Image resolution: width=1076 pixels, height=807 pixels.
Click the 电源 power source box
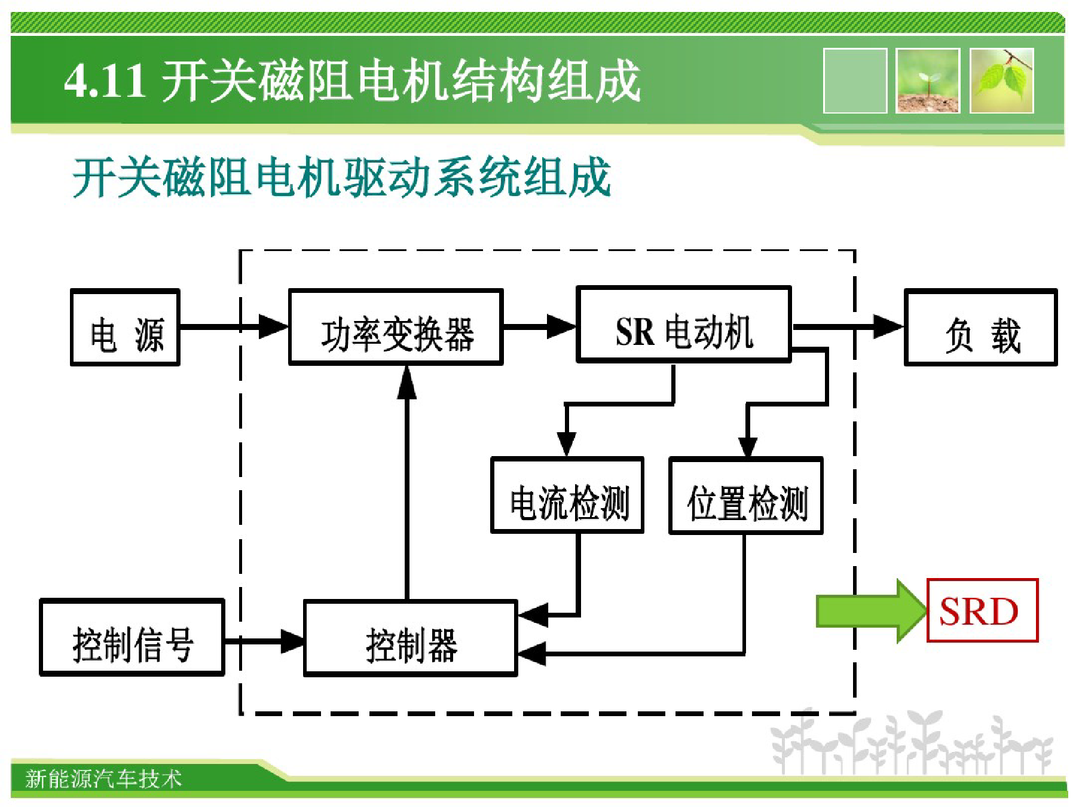(x=125, y=327)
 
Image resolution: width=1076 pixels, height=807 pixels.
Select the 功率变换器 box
(x=396, y=327)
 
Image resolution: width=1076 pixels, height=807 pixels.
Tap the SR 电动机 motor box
(x=684, y=325)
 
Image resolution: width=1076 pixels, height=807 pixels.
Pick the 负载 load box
(x=981, y=327)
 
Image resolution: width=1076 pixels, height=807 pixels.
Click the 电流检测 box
(x=567, y=495)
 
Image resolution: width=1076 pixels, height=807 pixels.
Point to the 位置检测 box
(x=746, y=496)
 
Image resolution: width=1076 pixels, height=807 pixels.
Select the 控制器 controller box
(x=411, y=638)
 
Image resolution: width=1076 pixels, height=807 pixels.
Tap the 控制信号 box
(x=132, y=637)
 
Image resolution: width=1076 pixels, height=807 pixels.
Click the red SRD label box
(x=982, y=610)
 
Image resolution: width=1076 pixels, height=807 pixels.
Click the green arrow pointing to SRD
(x=871, y=611)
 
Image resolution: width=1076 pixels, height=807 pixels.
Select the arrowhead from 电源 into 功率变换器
(x=274, y=327)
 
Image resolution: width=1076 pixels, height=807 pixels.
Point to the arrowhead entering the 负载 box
(x=889, y=327)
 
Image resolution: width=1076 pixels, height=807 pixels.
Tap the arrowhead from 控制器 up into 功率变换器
(x=407, y=381)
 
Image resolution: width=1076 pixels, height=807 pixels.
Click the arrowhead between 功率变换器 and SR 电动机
(x=561, y=327)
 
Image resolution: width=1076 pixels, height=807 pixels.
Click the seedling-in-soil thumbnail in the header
(x=928, y=81)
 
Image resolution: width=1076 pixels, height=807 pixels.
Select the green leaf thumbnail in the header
(x=1002, y=81)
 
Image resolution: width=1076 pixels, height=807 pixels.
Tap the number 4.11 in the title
(x=105, y=81)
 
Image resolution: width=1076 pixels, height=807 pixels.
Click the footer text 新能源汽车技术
(x=103, y=779)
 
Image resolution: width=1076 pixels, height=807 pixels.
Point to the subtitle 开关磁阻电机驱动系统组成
(x=341, y=177)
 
